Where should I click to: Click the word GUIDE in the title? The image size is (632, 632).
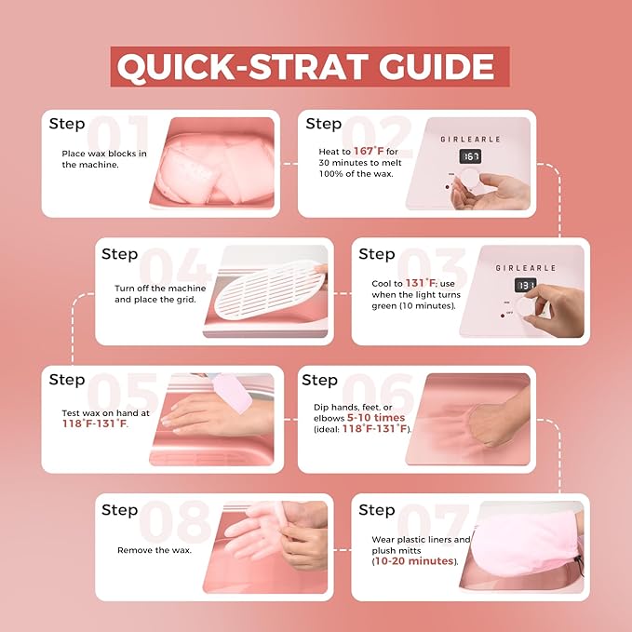437,66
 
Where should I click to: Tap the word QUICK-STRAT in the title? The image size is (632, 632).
243,67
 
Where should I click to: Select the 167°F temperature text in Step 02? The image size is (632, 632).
369,151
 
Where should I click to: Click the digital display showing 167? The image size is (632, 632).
470,156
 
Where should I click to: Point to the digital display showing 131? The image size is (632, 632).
526,286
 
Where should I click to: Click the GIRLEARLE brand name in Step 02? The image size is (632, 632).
470,140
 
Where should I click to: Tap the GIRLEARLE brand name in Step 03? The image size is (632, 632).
525,268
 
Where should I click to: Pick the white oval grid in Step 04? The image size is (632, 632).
270,289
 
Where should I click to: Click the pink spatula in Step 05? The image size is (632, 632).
232,393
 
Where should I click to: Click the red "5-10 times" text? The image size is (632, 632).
376,418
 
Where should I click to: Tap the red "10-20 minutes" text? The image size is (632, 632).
414,561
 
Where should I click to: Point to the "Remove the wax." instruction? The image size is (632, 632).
155,550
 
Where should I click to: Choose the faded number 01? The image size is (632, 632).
117,134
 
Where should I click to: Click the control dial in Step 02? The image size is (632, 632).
469,178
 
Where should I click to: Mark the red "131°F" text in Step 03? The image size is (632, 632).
421,283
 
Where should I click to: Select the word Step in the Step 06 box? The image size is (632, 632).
319,380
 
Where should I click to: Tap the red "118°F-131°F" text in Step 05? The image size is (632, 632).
94,424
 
